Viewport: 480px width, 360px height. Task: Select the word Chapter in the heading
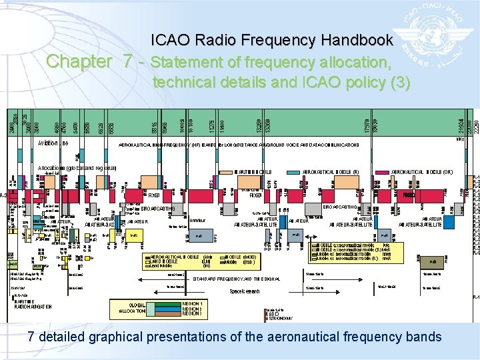[79, 62]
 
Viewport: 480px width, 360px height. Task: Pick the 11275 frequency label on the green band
[212, 125]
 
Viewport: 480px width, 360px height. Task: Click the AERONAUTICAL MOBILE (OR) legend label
[421, 171]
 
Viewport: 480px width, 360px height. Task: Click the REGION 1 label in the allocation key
[192, 303]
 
